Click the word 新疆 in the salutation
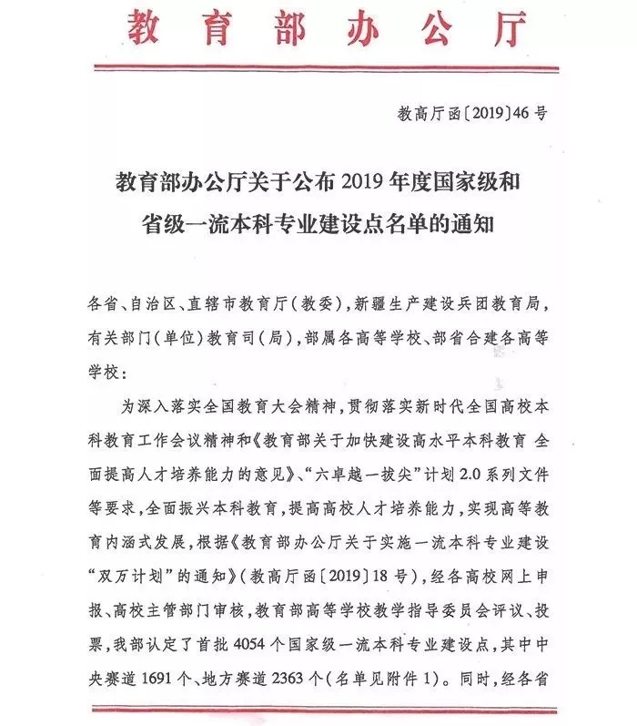(374, 301)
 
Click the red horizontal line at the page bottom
(318, 707)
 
